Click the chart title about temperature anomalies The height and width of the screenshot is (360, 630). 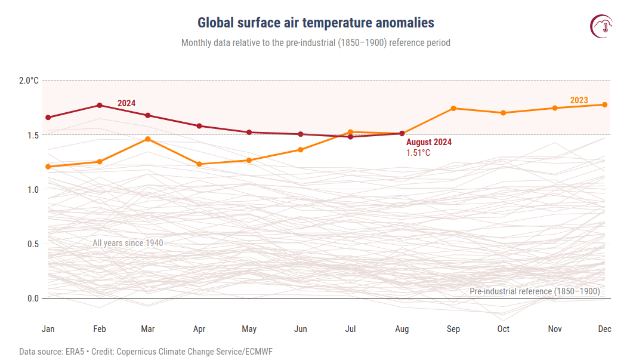click(x=316, y=23)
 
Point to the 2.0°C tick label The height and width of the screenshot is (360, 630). click(x=29, y=81)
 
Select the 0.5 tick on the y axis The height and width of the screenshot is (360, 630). click(x=32, y=244)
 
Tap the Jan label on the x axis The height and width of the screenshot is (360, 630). click(x=48, y=329)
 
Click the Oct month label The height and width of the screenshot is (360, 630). click(x=504, y=329)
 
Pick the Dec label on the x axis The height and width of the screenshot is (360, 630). click(x=604, y=329)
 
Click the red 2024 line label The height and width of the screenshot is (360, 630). click(x=126, y=103)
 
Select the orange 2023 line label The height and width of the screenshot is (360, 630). click(x=579, y=100)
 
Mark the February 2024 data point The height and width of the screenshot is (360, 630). click(x=100, y=106)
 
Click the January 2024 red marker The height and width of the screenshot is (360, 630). click(x=48, y=118)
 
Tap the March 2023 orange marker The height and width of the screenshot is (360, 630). click(x=148, y=139)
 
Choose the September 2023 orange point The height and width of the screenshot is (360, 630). click(x=453, y=108)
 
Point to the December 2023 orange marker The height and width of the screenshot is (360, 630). click(x=604, y=104)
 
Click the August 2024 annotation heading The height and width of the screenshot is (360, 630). click(x=429, y=143)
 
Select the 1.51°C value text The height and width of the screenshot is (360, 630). click(x=418, y=153)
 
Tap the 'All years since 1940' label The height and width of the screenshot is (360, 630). click(x=128, y=243)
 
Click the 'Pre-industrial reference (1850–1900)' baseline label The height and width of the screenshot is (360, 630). click(x=535, y=291)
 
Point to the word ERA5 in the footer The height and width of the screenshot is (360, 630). click(x=73, y=352)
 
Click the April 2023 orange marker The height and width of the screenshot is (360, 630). click(x=199, y=164)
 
